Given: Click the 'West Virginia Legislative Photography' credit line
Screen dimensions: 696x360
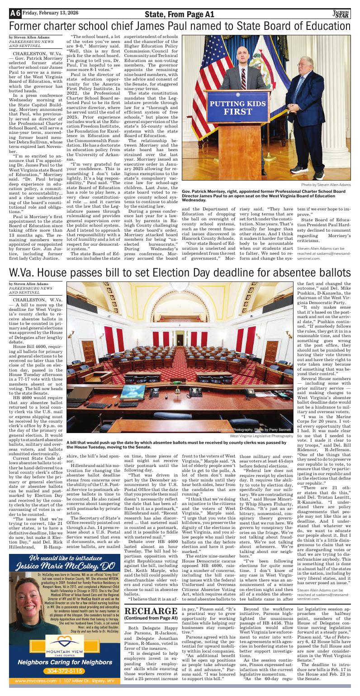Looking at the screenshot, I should click(x=261, y=436).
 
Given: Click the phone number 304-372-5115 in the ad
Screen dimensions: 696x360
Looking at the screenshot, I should click(x=57, y=671).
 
